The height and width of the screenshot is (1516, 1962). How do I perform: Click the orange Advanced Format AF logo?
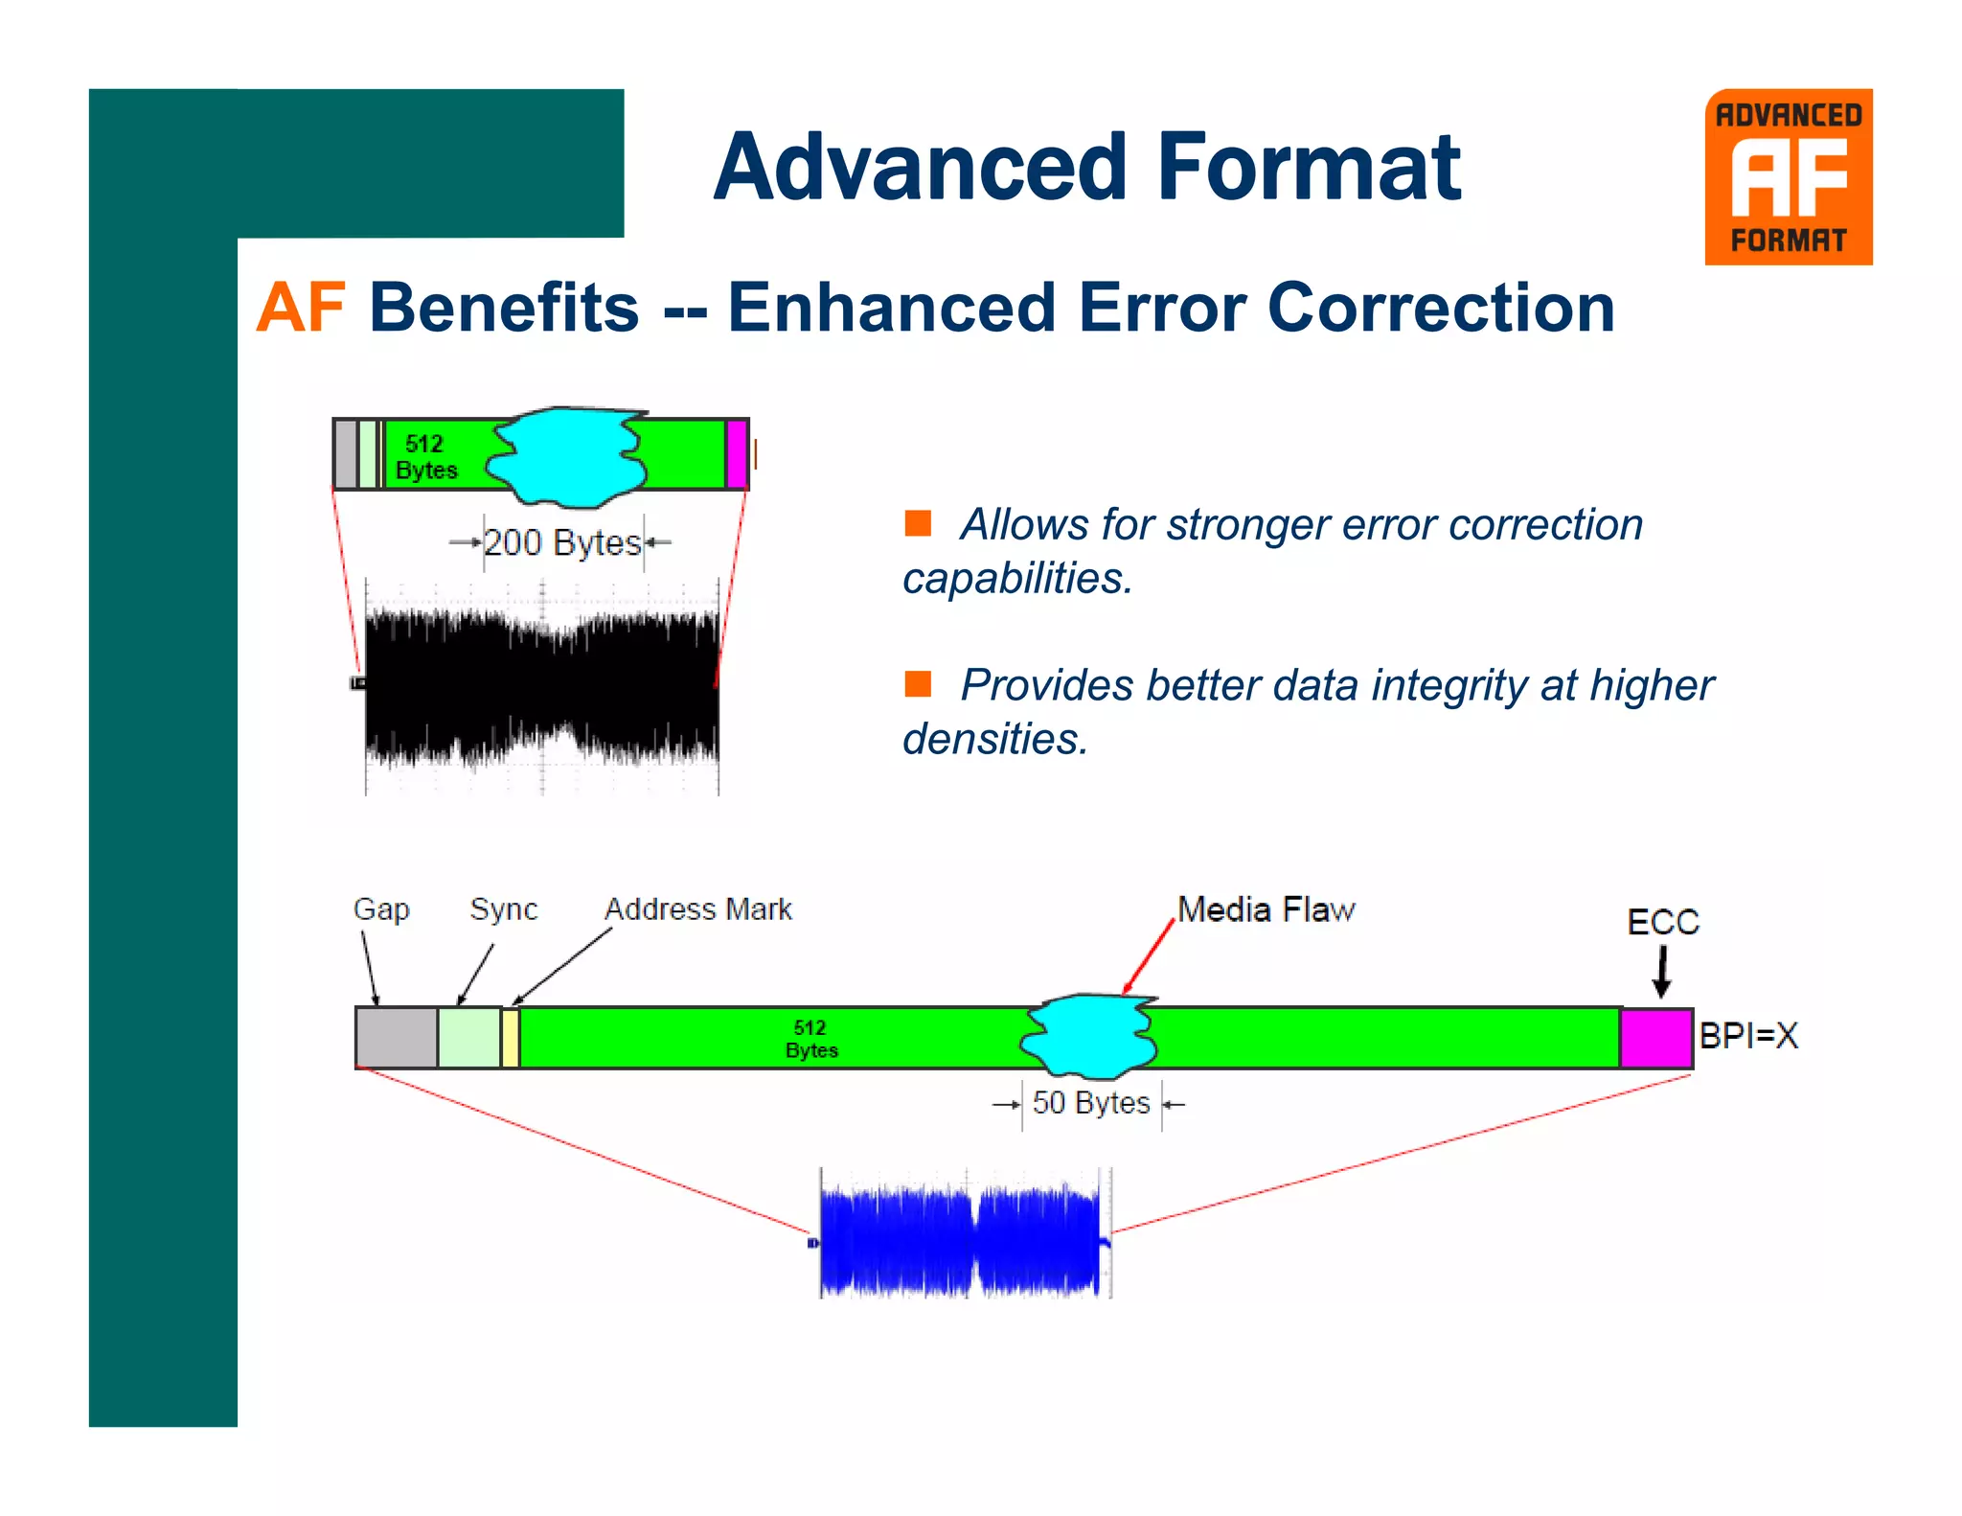pos(1788,177)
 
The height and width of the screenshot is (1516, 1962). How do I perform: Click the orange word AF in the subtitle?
pos(300,308)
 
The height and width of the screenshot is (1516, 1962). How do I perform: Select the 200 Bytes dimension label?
pos(562,543)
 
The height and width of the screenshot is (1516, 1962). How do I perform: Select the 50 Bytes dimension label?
pos(1090,1103)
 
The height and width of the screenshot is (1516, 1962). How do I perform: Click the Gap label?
pos(381,908)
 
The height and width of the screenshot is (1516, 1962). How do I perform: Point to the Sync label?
pos(503,908)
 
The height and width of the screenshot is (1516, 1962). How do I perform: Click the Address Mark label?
pos(697,908)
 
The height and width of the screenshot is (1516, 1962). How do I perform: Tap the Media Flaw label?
pos(1266,908)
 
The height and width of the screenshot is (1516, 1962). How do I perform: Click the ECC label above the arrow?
pos(1662,922)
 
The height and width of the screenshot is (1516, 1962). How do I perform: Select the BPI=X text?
pos(1747,1036)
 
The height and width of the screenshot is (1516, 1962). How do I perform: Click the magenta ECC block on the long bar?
pos(1654,1038)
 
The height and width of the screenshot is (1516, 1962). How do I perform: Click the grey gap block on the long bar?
pos(396,1038)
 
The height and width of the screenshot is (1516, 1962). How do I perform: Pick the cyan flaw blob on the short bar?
pos(567,456)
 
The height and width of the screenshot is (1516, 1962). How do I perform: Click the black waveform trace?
pos(541,685)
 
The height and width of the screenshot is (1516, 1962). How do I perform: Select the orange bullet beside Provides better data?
pos(918,683)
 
